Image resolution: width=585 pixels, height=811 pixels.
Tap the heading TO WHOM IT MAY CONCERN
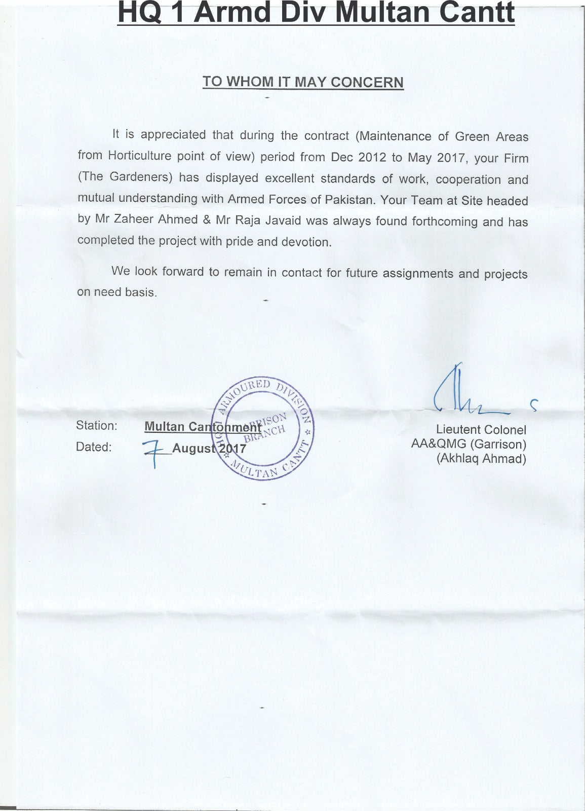303,82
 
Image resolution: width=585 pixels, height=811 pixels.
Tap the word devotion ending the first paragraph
308,242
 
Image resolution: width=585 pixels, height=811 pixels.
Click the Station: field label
96,425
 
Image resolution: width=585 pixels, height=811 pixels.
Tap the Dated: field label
94,447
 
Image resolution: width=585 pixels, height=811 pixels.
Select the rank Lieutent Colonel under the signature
481,430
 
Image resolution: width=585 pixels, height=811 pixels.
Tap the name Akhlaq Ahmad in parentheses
481,459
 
